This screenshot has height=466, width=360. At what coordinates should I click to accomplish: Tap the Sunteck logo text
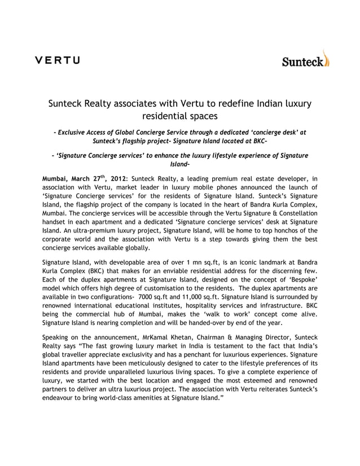302,61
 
